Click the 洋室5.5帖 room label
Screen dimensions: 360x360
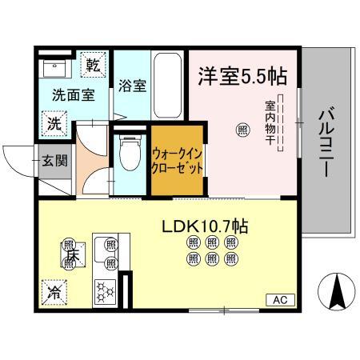point(242,77)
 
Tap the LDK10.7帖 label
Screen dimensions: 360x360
point(206,226)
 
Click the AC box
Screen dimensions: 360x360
point(279,300)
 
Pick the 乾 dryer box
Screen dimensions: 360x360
point(93,65)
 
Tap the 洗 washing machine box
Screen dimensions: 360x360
point(52,124)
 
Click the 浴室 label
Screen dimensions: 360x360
point(132,86)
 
